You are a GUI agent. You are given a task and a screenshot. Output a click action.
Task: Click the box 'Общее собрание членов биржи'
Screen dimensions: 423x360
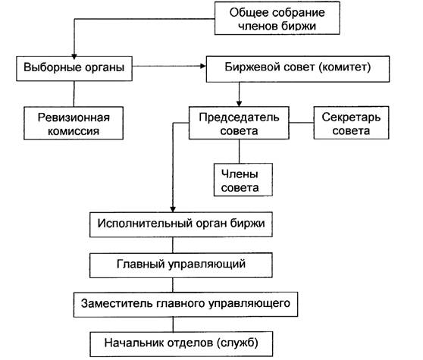pyautogui.click(x=277, y=18)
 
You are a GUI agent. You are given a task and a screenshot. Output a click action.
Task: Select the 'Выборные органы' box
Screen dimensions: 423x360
pyautogui.click(x=74, y=68)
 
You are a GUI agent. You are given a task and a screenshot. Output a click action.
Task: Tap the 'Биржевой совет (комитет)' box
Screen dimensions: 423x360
pyautogui.click(x=298, y=69)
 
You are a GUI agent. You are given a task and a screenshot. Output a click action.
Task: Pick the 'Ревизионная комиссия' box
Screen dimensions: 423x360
pyautogui.click(x=74, y=124)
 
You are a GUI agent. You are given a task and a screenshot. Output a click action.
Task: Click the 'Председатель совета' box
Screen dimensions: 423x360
pyautogui.click(x=239, y=123)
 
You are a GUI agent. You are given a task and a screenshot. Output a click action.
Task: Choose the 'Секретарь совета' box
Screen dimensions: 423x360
pyautogui.click(x=351, y=123)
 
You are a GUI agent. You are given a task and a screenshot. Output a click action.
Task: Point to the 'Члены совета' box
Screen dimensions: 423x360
pyautogui.click(x=243, y=180)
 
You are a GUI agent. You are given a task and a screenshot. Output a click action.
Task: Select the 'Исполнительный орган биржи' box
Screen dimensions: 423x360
pyautogui.click(x=181, y=224)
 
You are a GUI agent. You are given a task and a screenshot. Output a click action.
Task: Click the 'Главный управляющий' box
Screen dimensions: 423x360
pyautogui.click(x=181, y=265)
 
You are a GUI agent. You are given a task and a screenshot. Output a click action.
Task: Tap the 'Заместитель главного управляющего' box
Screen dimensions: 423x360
pyautogui.click(x=186, y=305)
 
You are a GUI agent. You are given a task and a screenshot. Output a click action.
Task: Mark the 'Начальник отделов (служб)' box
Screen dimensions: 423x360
pyautogui.click(x=181, y=344)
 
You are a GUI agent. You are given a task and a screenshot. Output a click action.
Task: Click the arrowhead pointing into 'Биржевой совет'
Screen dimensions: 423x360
pyautogui.click(x=203, y=66)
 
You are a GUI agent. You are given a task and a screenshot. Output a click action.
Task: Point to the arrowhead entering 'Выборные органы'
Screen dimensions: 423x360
pyautogui.click(x=74, y=56)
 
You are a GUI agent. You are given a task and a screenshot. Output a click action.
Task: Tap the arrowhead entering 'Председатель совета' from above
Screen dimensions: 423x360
pyautogui.click(x=239, y=104)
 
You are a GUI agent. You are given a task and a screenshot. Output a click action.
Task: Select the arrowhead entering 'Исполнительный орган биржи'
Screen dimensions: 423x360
pyautogui.click(x=173, y=209)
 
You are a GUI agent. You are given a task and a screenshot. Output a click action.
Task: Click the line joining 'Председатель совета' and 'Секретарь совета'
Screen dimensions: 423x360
pyautogui.click(x=302, y=123)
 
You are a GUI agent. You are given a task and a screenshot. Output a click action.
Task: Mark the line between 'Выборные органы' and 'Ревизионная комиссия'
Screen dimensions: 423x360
pyautogui.click(x=74, y=94)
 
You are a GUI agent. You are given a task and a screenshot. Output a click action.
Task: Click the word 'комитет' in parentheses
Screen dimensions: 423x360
pyautogui.click(x=344, y=67)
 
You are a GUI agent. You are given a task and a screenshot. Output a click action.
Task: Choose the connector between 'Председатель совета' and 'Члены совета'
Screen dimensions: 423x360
pyautogui.click(x=239, y=152)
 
